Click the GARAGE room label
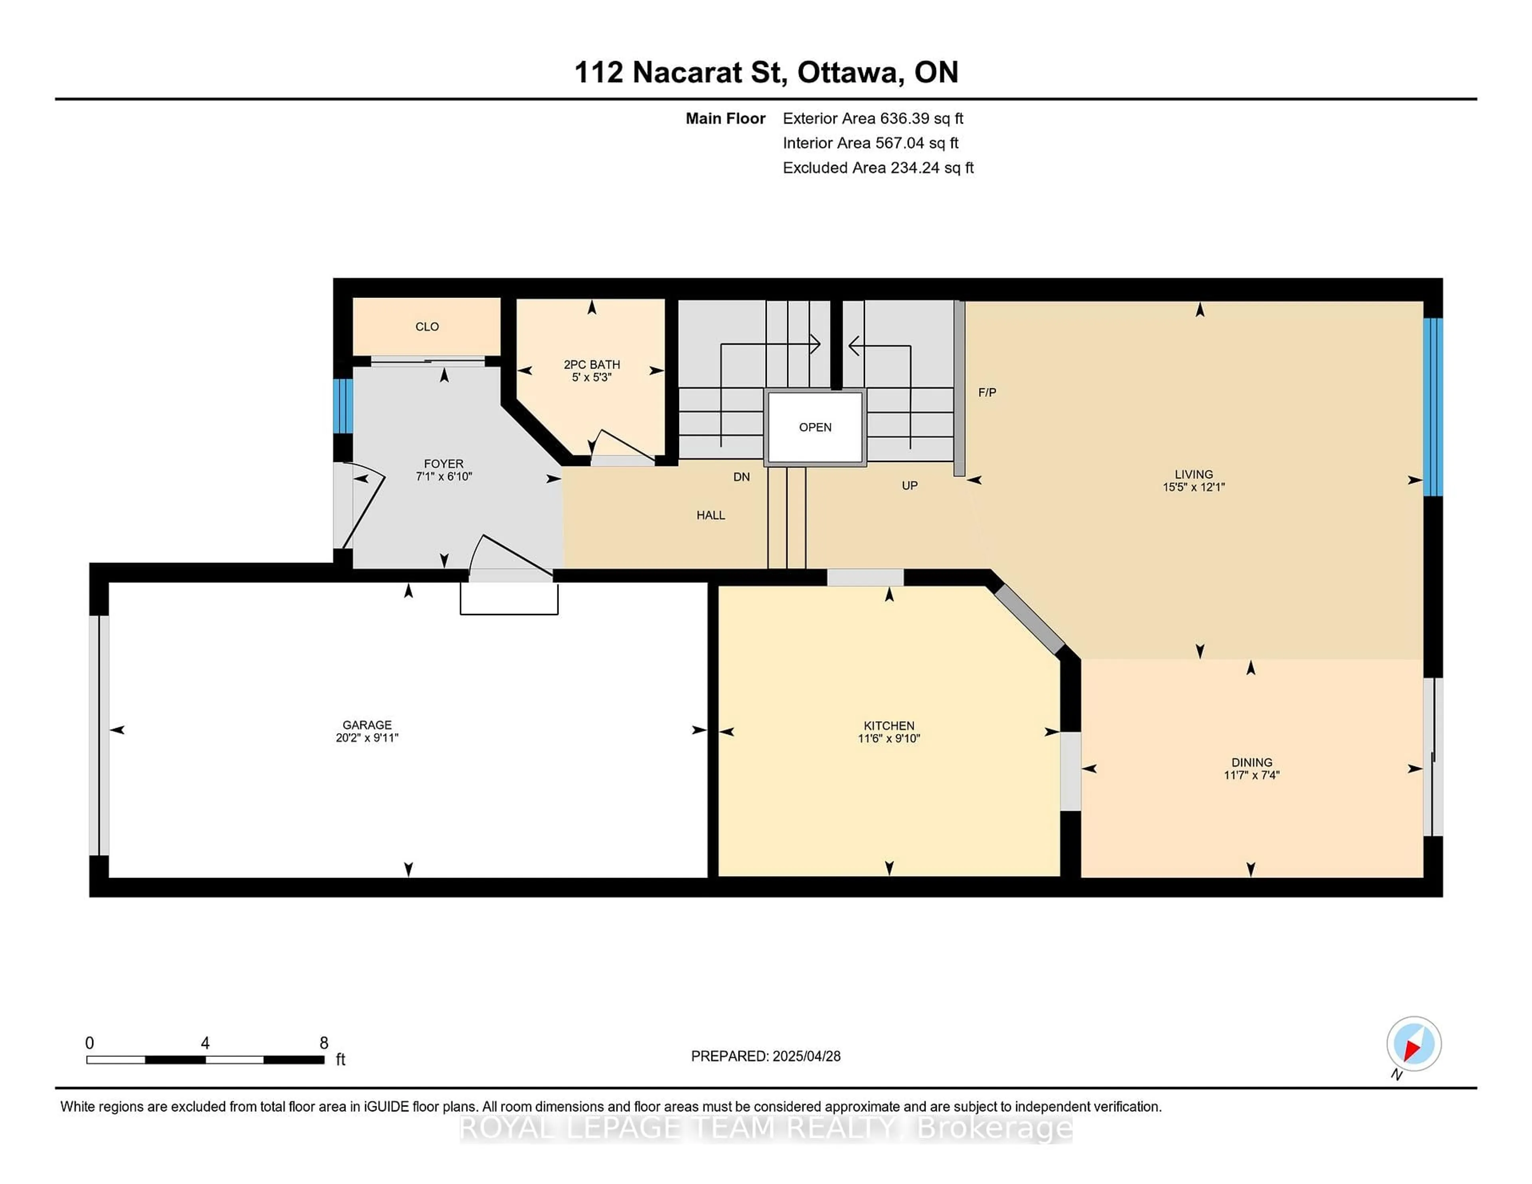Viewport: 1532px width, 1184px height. (x=367, y=724)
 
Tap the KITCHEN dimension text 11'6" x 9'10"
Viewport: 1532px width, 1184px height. (x=889, y=738)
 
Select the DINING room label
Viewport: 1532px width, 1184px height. (x=1252, y=762)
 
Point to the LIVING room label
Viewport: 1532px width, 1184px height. (x=1193, y=474)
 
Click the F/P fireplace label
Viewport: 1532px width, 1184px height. (x=987, y=392)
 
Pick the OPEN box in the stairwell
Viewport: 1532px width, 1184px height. (x=815, y=427)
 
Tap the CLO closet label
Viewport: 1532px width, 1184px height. (x=427, y=326)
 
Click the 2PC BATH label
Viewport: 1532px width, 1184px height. (x=592, y=364)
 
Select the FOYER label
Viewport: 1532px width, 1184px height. (x=443, y=464)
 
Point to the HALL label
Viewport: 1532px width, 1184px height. (x=711, y=515)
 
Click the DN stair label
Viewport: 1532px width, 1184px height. (x=741, y=477)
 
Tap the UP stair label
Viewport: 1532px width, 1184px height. (x=910, y=485)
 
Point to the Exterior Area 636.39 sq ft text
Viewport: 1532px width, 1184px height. (x=873, y=118)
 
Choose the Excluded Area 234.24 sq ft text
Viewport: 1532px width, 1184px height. (x=878, y=168)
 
